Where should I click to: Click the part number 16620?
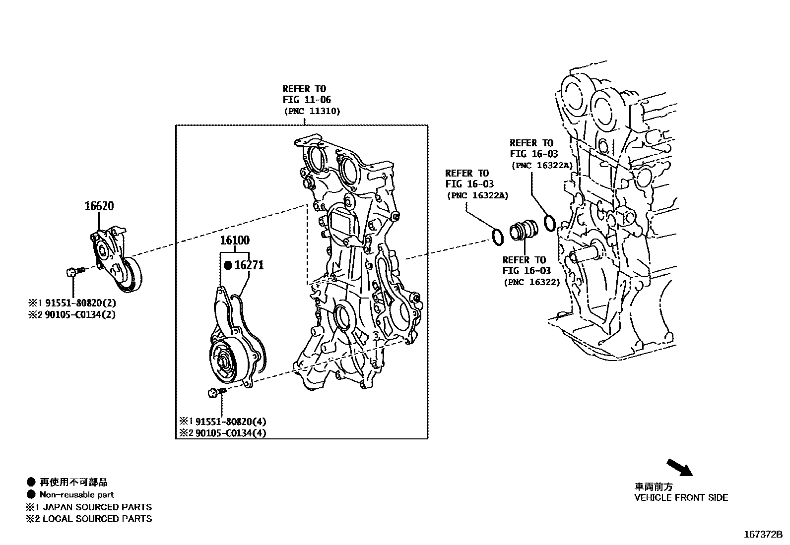tap(99, 206)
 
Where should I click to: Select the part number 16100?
tap(235, 241)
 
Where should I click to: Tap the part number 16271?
tap(249, 265)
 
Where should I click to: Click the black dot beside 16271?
tap(228, 265)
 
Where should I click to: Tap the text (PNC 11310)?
tap(312, 111)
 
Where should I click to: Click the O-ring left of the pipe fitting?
tap(497, 237)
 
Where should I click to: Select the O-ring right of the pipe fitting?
tap(549, 223)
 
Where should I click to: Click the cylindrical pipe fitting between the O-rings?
tap(523, 231)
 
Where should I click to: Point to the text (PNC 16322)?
tap(532, 282)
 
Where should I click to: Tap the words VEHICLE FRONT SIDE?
tap(681, 497)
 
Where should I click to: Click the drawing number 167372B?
tap(762, 535)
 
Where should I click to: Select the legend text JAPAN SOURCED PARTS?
tap(97, 507)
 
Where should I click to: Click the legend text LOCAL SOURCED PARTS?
tap(97, 519)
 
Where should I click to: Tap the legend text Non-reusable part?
tap(77, 494)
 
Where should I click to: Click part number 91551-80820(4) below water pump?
tap(231, 422)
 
